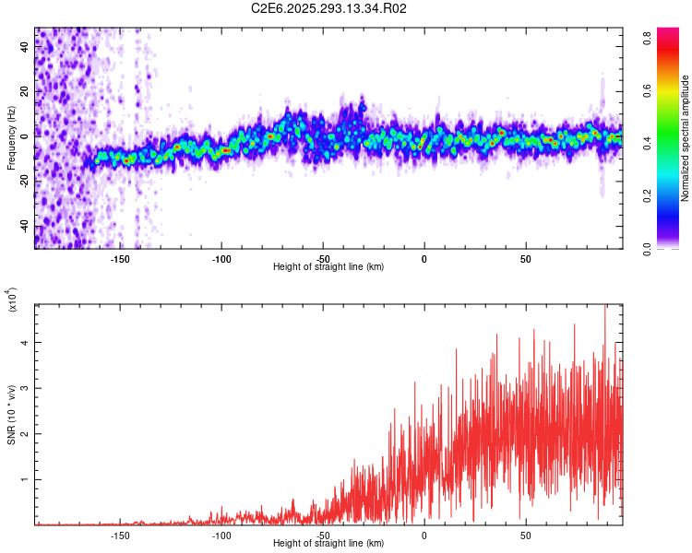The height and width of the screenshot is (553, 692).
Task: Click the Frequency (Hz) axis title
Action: coord(11,138)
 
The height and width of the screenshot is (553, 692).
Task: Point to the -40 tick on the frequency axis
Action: coord(22,226)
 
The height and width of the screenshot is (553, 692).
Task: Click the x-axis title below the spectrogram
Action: coord(328,267)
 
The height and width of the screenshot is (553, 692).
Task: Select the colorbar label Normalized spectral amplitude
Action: coord(686,138)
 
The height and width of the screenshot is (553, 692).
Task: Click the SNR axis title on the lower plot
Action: coord(11,415)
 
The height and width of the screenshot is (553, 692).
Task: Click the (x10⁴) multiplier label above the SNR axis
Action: coord(13,300)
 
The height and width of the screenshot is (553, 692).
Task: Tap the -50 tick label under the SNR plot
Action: coord(323,535)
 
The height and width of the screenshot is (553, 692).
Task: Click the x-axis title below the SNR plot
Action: coord(328,544)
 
